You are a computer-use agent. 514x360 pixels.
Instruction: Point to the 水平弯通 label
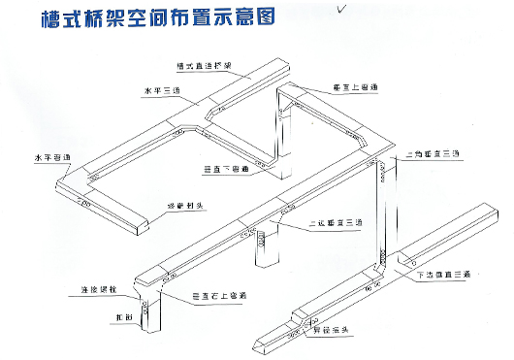(50, 155)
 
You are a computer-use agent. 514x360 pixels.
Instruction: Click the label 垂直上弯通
(353, 87)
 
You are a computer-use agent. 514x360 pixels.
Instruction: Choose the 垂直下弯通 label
(225, 170)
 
